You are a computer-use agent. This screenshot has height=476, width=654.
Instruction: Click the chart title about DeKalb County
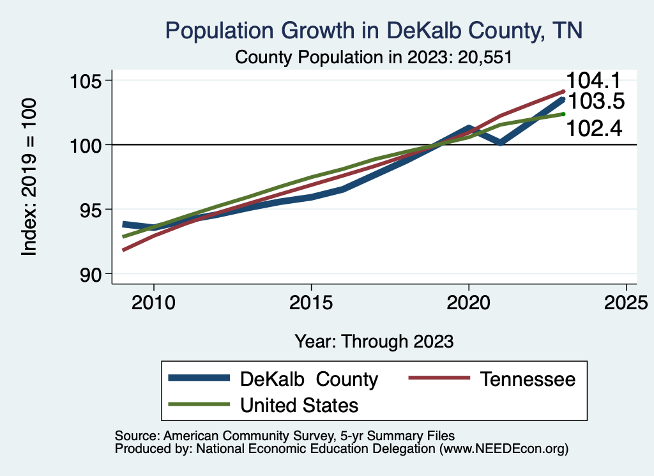point(374,31)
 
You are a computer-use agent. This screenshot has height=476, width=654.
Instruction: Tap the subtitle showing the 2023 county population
point(374,57)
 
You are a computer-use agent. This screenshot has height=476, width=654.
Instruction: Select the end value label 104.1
point(595,81)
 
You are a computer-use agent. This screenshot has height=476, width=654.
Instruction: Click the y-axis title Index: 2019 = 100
point(29,177)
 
